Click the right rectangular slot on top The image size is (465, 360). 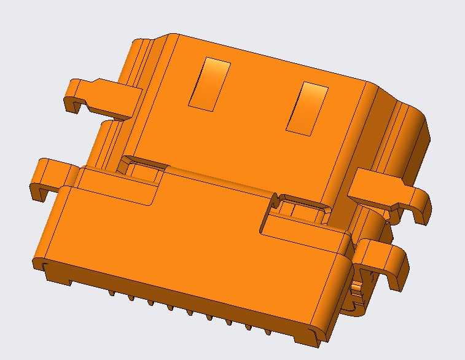coord(308,108)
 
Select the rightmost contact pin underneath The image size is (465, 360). coord(268,332)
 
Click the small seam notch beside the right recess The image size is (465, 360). coord(276,198)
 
